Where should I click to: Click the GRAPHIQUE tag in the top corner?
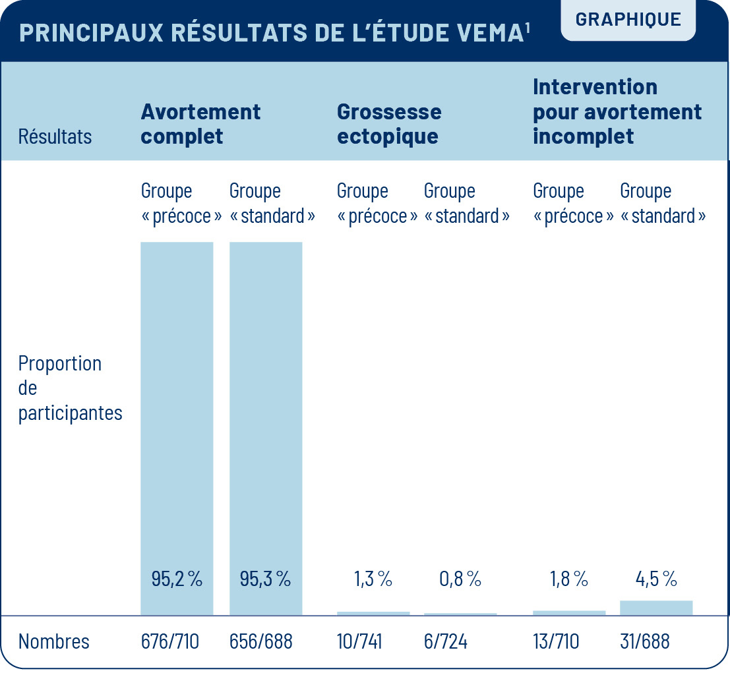click(628, 19)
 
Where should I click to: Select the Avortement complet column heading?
click(200, 124)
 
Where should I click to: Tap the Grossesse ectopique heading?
click(389, 124)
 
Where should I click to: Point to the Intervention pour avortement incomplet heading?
click(617, 111)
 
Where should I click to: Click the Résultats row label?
click(55, 136)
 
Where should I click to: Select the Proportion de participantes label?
click(70, 388)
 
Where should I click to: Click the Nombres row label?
click(53, 641)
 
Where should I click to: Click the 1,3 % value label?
click(373, 579)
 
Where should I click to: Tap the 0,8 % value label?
click(460, 579)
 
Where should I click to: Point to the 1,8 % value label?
click(568, 579)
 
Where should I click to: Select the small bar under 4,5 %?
click(656, 608)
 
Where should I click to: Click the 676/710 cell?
click(169, 641)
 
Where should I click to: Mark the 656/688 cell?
click(260, 641)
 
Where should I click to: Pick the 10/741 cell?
click(359, 641)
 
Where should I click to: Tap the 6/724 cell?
click(446, 641)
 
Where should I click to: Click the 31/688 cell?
click(645, 641)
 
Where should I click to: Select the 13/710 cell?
click(555, 641)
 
